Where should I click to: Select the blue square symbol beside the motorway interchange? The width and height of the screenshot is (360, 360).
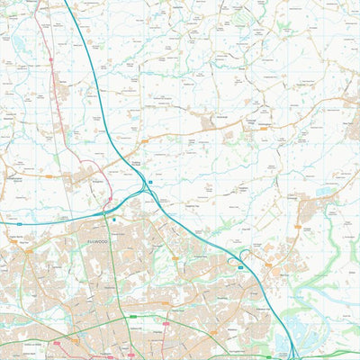pos(151,182)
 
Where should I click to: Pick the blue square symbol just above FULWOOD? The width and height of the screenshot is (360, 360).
pos(114,218)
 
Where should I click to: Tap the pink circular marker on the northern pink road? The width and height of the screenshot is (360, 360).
pos(50,60)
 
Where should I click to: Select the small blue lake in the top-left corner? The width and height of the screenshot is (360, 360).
pos(17,65)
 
